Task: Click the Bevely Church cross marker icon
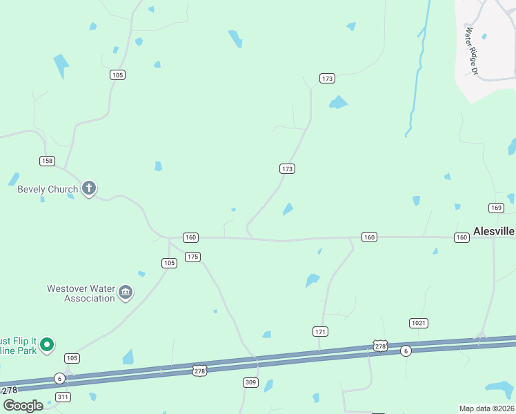click(88, 188)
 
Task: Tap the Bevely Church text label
click(48, 189)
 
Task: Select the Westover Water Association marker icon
click(126, 293)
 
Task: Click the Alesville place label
click(494, 232)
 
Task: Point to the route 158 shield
click(47, 161)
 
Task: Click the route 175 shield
click(192, 257)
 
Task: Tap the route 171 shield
click(320, 332)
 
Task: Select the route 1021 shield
click(419, 323)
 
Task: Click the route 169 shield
click(496, 208)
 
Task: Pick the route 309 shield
click(251, 382)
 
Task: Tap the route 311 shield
click(63, 397)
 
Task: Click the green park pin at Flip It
click(46, 344)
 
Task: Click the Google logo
click(23, 405)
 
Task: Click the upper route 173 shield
click(327, 79)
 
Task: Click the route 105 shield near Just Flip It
click(72, 358)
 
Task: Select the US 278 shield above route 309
click(199, 371)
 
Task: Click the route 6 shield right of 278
click(406, 351)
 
